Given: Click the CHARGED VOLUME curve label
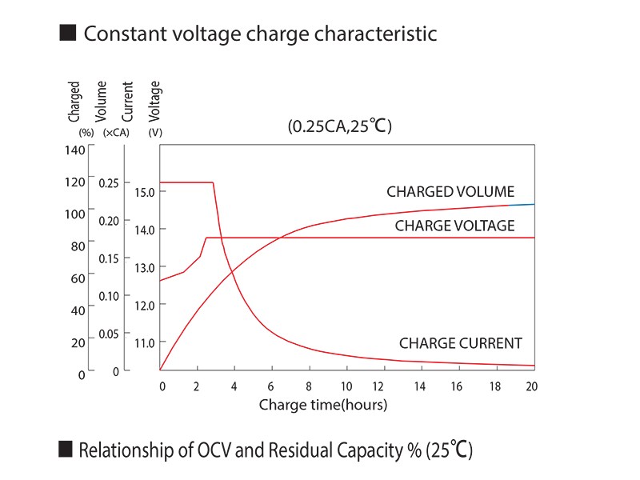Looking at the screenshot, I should pyautogui.click(x=450, y=192).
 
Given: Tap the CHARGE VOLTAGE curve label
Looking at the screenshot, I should pyautogui.click(x=454, y=226).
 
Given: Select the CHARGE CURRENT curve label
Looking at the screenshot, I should pyautogui.click(x=460, y=343).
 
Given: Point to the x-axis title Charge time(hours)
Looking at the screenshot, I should pyautogui.click(x=322, y=405).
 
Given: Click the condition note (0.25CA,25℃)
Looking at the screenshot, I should pyautogui.click(x=339, y=126).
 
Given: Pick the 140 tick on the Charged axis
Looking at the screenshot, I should pyautogui.click(x=74, y=150).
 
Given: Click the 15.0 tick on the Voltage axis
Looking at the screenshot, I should pyautogui.click(x=145, y=192).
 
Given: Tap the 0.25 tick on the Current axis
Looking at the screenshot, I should pyautogui.click(x=108, y=182).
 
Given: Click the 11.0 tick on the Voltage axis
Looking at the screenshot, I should pyautogui.click(x=145, y=342).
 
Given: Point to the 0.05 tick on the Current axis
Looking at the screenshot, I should pyautogui.click(x=108, y=334).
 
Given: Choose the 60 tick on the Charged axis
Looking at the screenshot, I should pyautogui.click(x=78, y=278).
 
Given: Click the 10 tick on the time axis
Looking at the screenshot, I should pyautogui.click(x=346, y=387).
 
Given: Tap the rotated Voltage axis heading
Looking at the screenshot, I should pyautogui.click(x=155, y=99).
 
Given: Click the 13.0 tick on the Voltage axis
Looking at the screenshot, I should pyautogui.click(x=145, y=267).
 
